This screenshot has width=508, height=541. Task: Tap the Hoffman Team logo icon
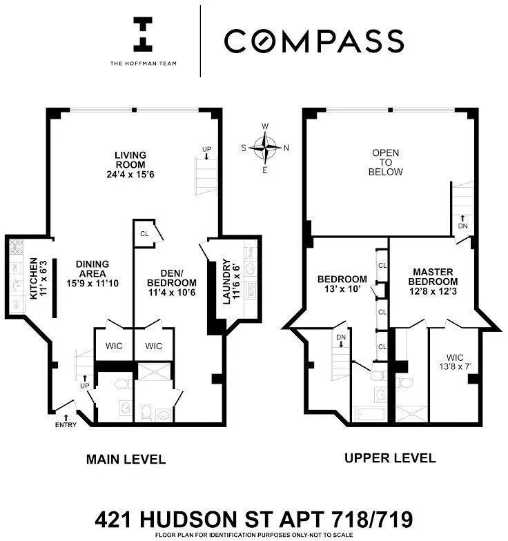tap(144, 35)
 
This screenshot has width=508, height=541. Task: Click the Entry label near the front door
tap(66, 424)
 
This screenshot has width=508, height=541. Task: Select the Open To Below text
tap(386, 162)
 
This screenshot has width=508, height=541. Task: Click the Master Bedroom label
tap(433, 282)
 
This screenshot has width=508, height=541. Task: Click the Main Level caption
tap(126, 459)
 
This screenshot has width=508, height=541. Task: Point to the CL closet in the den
tap(145, 233)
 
